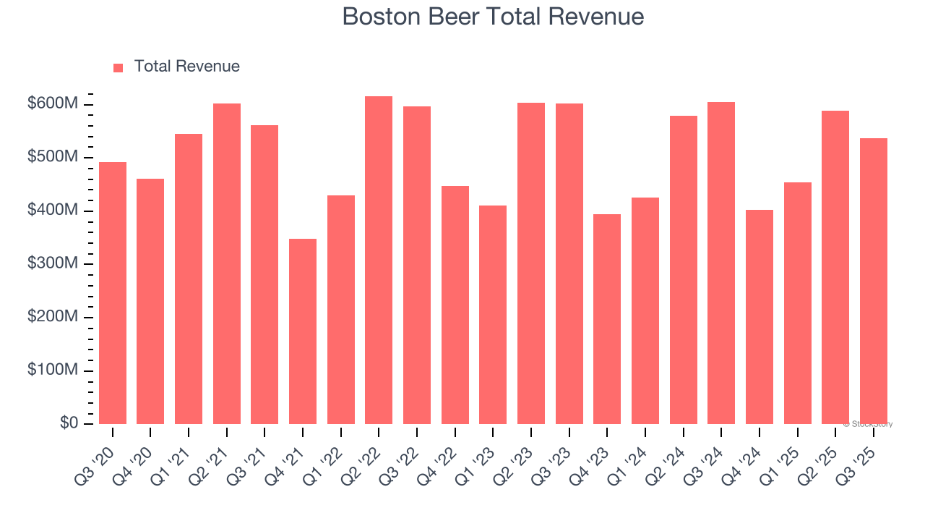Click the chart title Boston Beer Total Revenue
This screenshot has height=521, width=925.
(x=493, y=16)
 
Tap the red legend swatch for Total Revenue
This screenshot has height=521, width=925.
(x=119, y=67)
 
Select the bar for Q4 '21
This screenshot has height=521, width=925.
(x=303, y=331)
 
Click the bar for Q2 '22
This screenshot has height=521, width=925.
(x=379, y=260)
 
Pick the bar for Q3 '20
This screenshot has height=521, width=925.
(x=113, y=293)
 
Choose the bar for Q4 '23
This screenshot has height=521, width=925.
(x=607, y=319)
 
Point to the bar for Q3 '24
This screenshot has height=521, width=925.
(x=721, y=263)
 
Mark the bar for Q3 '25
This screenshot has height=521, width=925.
(x=874, y=281)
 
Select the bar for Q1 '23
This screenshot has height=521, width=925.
(x=493, y=315)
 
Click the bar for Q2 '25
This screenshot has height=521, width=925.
(x=835, y=268)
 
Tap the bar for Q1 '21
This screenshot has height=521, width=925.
(x=189, y=279)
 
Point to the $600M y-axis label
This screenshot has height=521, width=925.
(x=52, y=104)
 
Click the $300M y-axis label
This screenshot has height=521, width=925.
(x=52, y=264)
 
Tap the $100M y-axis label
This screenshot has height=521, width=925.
(x=52, y=370)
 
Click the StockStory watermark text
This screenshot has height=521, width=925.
(x=868, y=424)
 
